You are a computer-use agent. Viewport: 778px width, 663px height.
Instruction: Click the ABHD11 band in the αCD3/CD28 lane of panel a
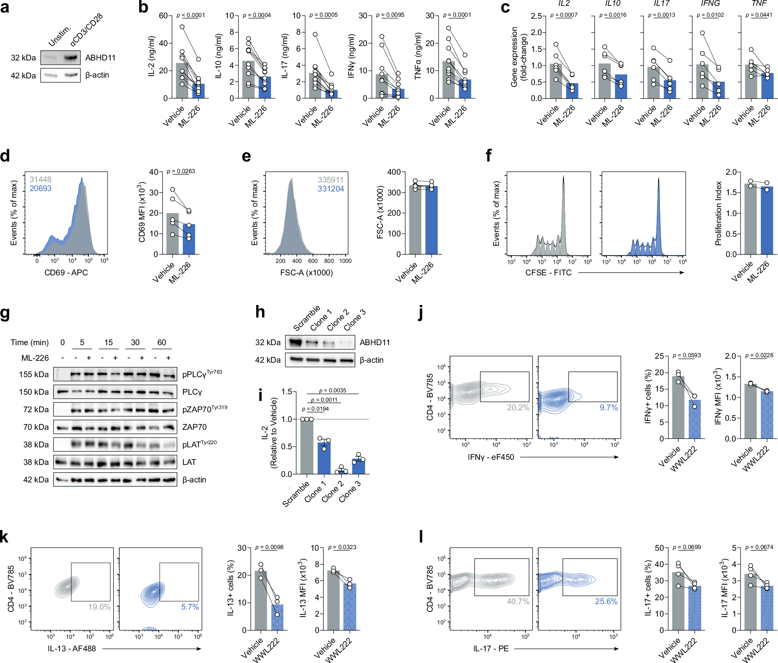pyautogui.click(x=71, y=58)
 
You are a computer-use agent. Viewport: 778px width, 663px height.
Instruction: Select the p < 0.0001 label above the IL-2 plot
pyautogui.click(x=191, y=15)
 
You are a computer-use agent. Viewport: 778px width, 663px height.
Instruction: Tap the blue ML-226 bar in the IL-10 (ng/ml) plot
pyautogui.click(x=265, y=88)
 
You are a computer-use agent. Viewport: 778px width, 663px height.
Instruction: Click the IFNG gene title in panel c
pyautogui.click(x=710, y=4)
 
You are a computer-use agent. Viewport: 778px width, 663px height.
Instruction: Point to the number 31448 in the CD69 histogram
pyautogui.click(x=41, y=179)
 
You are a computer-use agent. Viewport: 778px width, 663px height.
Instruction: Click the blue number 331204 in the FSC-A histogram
pyautogui.click(x=331, y=189)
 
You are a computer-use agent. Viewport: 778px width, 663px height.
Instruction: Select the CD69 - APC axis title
pyautogui.click(x=66, y=273)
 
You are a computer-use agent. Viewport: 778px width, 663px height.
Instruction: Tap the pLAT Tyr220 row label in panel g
pyautogui.click(x=199, y=444)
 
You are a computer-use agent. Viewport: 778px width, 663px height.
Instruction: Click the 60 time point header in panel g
pyautogui.click(x=162, y=342)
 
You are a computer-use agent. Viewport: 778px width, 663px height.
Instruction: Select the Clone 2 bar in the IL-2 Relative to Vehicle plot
pyautogui.click(x=341, y=472)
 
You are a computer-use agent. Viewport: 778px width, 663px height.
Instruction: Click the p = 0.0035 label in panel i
pyautogui.click(x=332, y=390)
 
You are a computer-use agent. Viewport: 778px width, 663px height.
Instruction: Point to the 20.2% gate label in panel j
pyautogui.click(x=518, y=408)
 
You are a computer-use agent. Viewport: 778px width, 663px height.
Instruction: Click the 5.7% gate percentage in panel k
pyautogui.click(x=190, y=607)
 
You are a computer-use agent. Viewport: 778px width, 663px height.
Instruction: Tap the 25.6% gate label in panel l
pyautogui.click(x=606, y=601)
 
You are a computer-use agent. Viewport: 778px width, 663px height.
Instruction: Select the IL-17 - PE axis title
pyautogui.click(x=491, y=649)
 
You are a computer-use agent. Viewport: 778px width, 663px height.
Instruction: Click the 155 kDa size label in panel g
pyautogui.click(x=34, y=374)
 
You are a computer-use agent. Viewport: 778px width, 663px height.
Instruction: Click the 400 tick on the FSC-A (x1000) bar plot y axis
pyautogui.click(x=394, y=172)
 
